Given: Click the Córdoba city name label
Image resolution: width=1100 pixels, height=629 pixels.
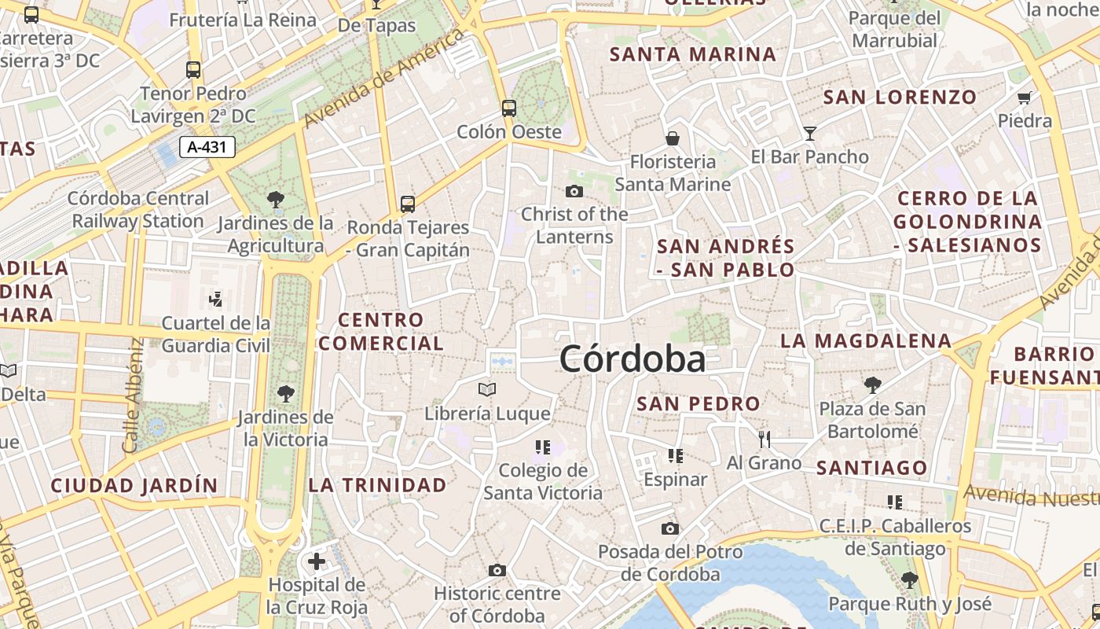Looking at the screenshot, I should click(x=632, y=359).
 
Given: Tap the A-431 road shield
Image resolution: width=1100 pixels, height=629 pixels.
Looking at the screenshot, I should click(x=207, y=147).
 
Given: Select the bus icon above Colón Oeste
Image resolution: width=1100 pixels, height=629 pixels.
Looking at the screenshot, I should click(x=509, y=108).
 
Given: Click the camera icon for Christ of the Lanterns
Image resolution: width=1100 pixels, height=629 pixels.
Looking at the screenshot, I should click(x=574, y=191).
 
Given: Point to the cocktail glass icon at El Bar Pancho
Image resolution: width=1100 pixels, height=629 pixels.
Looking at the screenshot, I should click(x=810, y=134).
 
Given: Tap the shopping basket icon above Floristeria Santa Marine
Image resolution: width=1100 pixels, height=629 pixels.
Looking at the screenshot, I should click(x=673, y=138).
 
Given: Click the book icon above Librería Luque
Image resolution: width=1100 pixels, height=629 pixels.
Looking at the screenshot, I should click(x=487, y=389).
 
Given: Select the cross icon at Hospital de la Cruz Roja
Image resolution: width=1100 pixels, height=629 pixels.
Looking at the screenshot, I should click(x=317, y=561).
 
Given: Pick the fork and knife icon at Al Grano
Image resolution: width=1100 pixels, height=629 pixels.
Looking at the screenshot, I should click(x=764, y=439).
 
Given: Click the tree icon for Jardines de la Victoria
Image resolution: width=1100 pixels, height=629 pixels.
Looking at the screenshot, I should click(x=285, y=393).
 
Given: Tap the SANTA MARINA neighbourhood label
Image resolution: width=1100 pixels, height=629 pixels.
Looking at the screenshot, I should click(x=693, y=54).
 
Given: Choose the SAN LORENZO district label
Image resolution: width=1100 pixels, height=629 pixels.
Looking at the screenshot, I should click(x=900, y=97).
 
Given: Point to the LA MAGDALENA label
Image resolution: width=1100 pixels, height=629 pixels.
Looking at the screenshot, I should click(x=866, y=341).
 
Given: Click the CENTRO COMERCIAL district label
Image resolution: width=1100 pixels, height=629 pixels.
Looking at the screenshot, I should click(x=381, y=332).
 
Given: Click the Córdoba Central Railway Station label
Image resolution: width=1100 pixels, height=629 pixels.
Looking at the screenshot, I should click(x=139, y=210).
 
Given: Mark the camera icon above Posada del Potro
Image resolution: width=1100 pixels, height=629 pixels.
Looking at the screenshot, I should click(x=669, y=528).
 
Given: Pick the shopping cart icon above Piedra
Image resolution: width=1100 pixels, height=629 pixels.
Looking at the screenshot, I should click(x=1024, y=98).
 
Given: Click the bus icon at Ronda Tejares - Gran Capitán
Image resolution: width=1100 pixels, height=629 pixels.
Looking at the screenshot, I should click(x=407, y=204).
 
